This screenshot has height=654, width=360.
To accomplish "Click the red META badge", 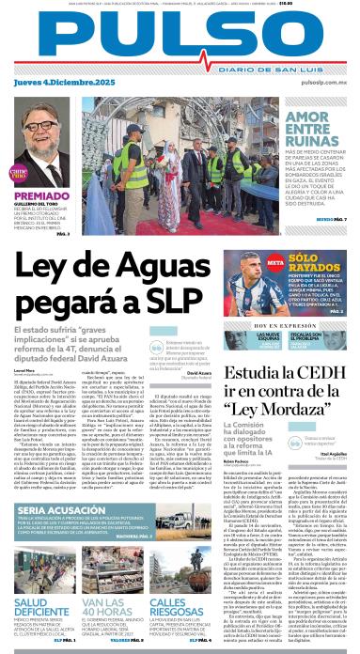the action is tap(276, 261).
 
